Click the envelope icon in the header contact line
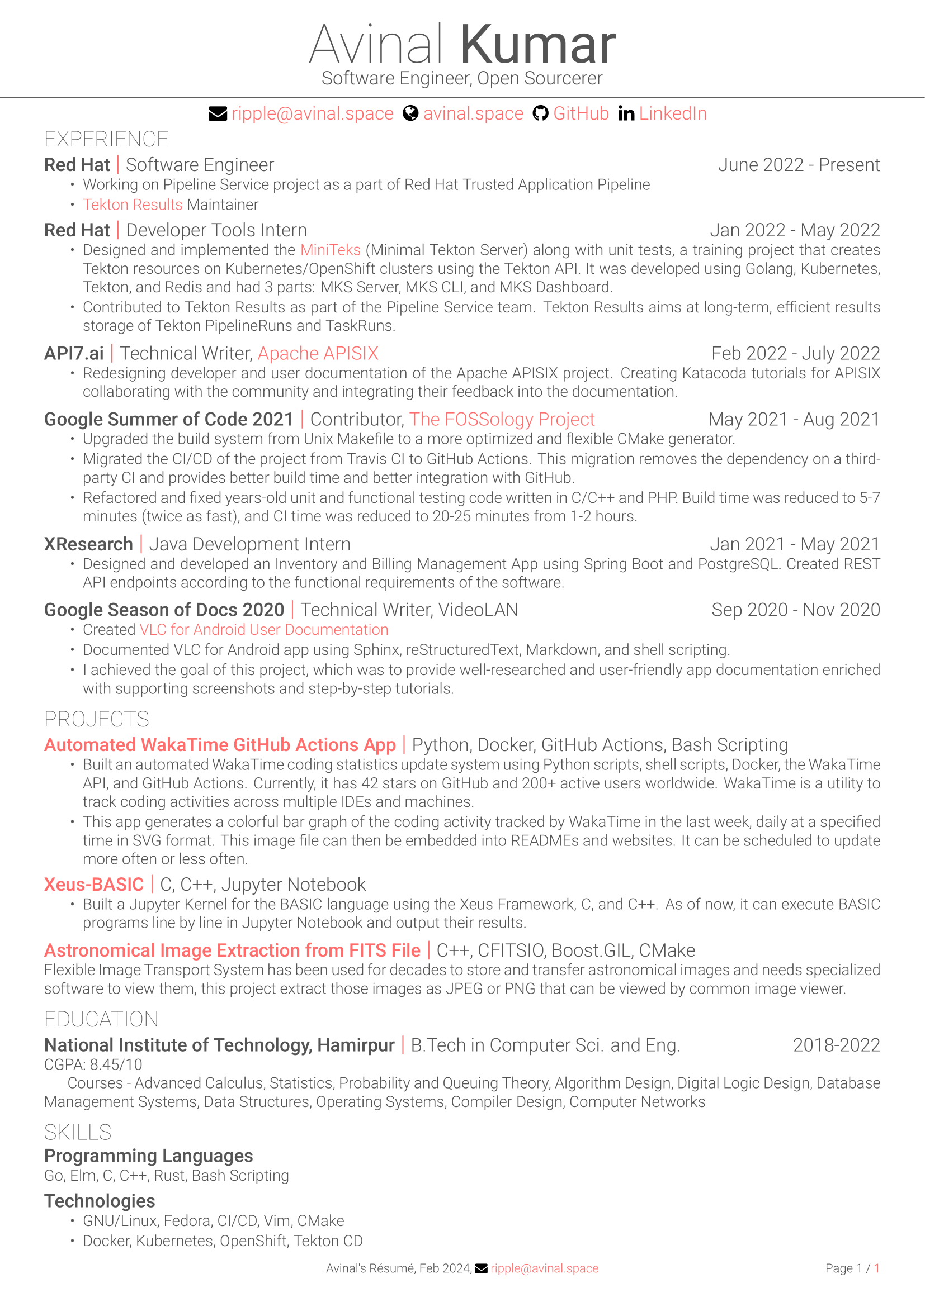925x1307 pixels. [x=218, y=114]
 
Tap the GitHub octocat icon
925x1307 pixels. [x=540, y=114]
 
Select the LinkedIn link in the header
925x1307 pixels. [x=672, y=114]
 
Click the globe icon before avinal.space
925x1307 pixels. [x=410, y=114]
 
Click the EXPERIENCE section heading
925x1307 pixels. [x=106, y=140]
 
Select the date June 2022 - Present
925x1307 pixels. [x=798, y=165]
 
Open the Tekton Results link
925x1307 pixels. [x=132, y=205]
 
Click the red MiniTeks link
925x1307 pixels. [x=331, y=250]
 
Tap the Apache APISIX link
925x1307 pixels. [x=318, y=354]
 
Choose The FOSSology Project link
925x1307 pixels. [x=502, y=420]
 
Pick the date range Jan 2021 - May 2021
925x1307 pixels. [x=794, y=544]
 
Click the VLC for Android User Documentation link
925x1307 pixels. [x=264, y=630]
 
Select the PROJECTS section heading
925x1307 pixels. [x=97, y=720]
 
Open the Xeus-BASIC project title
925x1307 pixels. [x=94, y=885]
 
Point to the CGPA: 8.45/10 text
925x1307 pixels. [x=93, y=1064]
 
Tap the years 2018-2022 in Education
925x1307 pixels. [x=836, y=1045]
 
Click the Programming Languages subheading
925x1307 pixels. [x=149, y=1156]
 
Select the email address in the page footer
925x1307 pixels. [x=544, y=1268]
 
